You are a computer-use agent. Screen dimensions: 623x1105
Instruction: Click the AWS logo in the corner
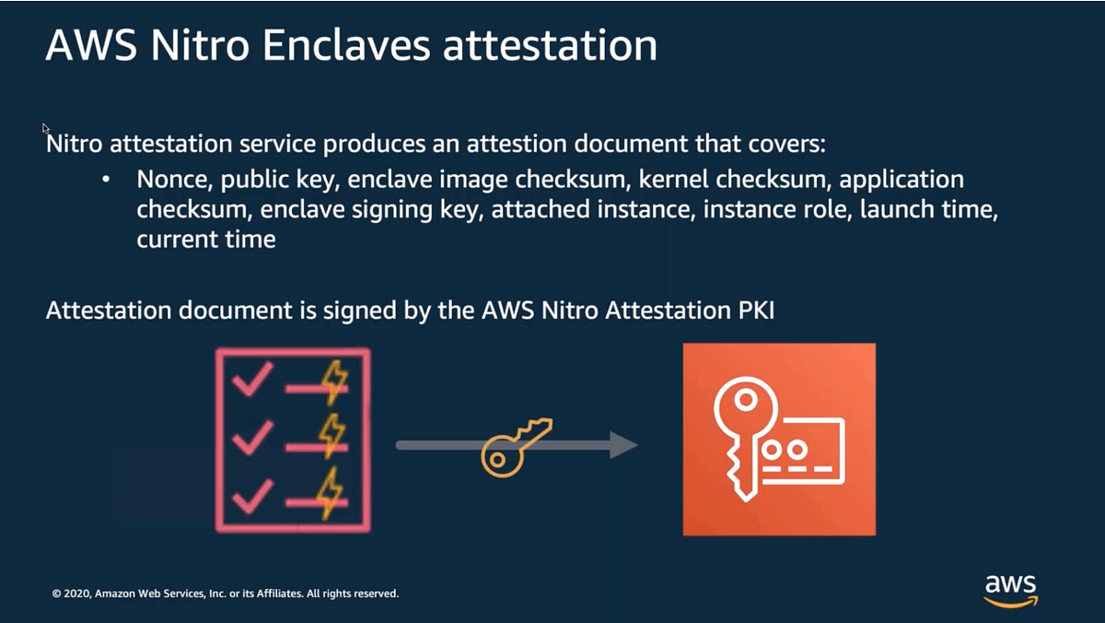tap(1010, 590)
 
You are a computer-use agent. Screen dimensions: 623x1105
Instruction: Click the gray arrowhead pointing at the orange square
tap(623, 445)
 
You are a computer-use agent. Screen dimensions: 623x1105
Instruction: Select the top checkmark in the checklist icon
tap(251, 378)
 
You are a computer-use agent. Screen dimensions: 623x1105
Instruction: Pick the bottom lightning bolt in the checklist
tap(331, 492)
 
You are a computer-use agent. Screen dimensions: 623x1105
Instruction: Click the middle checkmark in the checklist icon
tap(251, 436)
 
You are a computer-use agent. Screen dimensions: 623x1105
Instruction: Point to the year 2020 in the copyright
tap(76, 594)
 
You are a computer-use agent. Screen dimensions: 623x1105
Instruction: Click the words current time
tap(206, 240)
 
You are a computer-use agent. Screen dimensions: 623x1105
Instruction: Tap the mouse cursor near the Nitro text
tap(44, 127)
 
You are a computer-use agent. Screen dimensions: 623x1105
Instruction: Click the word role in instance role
tap(832, 209)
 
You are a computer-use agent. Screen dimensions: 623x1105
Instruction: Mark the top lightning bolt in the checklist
tap(332, 381)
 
